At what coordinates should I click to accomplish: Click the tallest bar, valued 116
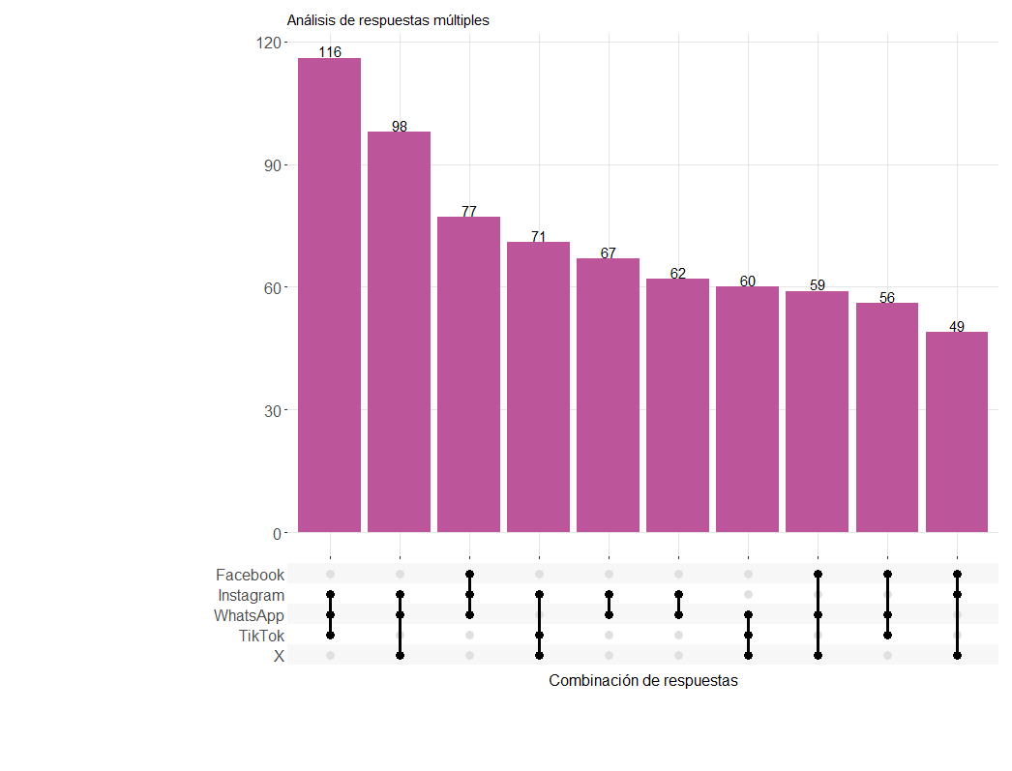click(x=329, y=295)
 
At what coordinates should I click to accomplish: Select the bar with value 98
click(x=399, y=332)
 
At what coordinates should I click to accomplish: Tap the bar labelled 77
click(x=468, y=374)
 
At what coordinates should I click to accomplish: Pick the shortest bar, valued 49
click(x=957, y=431)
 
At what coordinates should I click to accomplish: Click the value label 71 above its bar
click(x=539, y=237)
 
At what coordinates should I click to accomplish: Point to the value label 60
click(x=747, y=282)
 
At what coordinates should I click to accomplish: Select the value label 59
click(x=818, y=285)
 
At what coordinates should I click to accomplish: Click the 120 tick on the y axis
click(x=269, y=43)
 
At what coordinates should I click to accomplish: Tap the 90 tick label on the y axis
click(x=273, y=165)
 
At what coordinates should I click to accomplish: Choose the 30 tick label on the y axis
click(x=273, y=410)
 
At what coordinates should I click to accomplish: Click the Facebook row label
click(x=250, y=575)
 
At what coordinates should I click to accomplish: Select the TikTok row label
click(x=261, y=637)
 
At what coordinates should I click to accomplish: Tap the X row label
click(x=279, y=656)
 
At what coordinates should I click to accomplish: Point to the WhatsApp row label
click(x=249, y=615)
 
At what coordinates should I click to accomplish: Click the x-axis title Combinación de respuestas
click(x=642, y=681)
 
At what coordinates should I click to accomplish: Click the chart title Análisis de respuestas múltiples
click(x=388, y=20)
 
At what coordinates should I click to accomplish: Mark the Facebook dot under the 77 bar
click(x=469, y=575)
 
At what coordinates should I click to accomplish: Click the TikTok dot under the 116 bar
click(x=331, y=636)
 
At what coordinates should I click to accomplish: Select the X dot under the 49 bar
click(x=957, y=656)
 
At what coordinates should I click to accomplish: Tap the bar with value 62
click(x=677, y=405)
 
